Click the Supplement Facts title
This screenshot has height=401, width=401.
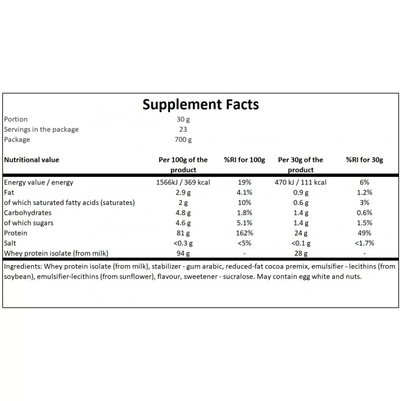click(x=200, y=104)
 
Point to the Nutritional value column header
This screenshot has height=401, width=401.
click(x=31, y=160)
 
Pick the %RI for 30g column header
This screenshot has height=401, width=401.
click(x=364, y=160)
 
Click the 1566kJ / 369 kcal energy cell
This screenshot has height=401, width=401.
click(x=183, y=182)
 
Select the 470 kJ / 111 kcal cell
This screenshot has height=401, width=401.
click(x=301, y=182)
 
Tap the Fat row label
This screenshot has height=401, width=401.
click(x=9, y=192)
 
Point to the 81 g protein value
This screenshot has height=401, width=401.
click(x=183, y=233)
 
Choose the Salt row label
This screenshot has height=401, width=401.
click(x=10, y=243)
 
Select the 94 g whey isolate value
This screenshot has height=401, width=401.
click(x=183, y=253)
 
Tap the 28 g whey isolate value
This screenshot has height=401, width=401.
click(x=301, y=253)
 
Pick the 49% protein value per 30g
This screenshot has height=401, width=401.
click(x=364, y=233)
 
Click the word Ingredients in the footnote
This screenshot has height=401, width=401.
click(x=23, y=267)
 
